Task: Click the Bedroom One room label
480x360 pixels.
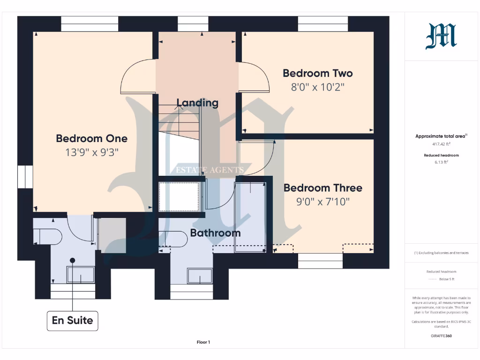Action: click(x=91, y=138)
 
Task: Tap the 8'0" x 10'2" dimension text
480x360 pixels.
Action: click(x=318, y=87)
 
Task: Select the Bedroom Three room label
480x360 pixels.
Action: click(x=323, y=188)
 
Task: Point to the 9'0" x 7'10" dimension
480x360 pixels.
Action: click(x=323, y=202)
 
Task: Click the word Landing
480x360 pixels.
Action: click(x=197, y=103)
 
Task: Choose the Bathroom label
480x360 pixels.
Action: click(x=215, y=233)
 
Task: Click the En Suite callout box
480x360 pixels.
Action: click(x=72, y=321)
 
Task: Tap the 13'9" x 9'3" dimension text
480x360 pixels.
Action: click(x=91, y=152)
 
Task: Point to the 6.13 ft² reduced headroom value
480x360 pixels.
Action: click(x=441, y=162)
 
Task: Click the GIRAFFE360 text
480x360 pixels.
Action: click(x=441, y=336)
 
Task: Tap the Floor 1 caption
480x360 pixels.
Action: click(x=203, y=342)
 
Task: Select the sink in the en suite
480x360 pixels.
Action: click(x=81, y=275)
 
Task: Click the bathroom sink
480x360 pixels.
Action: click(x=200, y=276)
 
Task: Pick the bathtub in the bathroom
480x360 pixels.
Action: click(x=250, y=217)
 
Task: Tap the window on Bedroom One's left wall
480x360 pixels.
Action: click(x=25, y=177)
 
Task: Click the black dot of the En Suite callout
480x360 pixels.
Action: click(x=72, y=260)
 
